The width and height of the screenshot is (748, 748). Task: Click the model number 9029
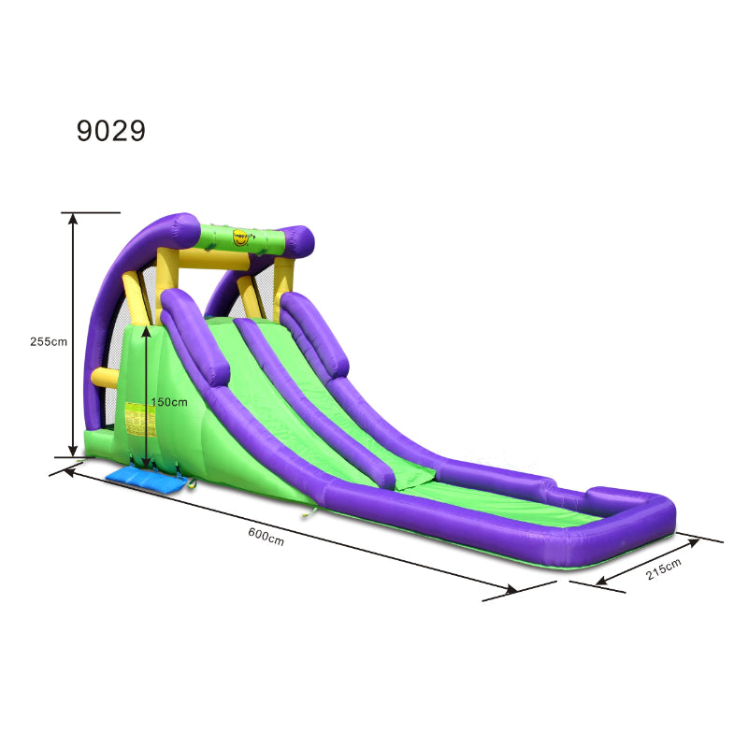110,130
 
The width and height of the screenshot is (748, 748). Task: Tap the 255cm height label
49,341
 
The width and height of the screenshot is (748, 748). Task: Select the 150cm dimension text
169,402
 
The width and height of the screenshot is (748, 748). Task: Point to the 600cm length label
266,536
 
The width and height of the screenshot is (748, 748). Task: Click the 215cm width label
663,568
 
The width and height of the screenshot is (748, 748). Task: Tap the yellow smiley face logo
240,237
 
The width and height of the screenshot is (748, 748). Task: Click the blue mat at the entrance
146,478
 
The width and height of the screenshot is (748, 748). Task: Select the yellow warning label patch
140,419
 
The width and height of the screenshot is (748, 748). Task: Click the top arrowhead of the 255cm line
73,219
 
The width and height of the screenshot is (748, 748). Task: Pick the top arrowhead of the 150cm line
147,332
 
